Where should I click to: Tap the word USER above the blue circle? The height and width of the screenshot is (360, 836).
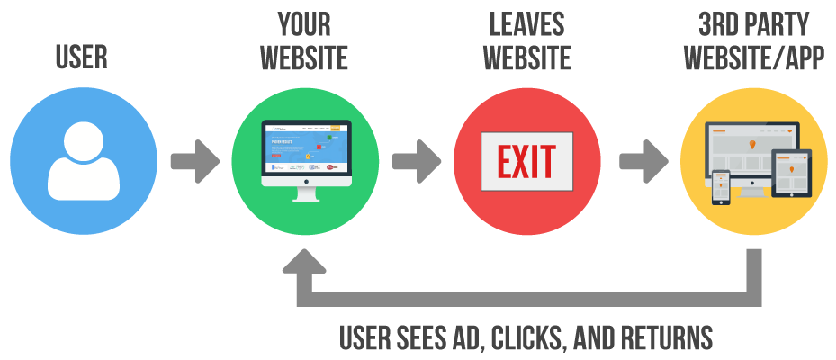(x=82, y=58)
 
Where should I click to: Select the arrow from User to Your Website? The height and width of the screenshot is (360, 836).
(x=194, y=162)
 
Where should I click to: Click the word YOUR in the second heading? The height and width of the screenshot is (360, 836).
(x=304, y=24)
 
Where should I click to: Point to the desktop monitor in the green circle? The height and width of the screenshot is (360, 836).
(x=306, y=153)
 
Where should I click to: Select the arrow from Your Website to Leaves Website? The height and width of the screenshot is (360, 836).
(x=417, y=162)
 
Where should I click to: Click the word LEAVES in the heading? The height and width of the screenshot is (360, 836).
(x=527, y=24)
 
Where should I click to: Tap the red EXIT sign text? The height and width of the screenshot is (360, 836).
(x=527, y=163)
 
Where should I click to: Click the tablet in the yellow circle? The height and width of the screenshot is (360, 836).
(x=792, y=173)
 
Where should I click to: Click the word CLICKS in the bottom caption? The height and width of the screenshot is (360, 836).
(x=522, y=337)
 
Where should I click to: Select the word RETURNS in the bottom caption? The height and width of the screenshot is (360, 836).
(x=670, y=337)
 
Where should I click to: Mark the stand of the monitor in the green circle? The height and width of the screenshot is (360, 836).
(x=306, y=194)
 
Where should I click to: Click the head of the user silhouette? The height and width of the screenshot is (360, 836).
(x=83, y=140)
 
